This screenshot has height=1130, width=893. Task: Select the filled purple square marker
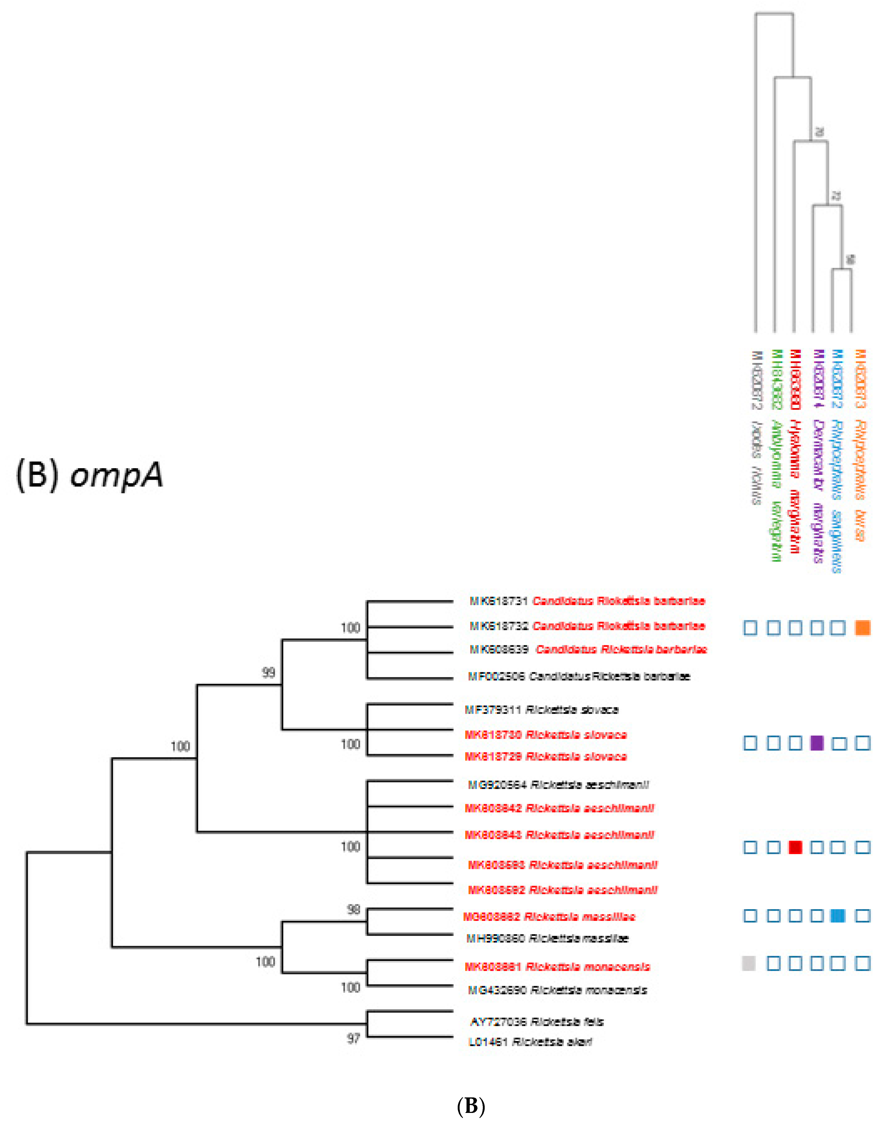(817, 743)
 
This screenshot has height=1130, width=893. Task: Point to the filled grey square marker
(749, 963)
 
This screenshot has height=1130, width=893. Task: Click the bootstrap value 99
(268, 672)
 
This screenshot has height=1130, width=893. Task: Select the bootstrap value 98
(354, 909)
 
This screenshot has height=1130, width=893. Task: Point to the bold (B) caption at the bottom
(471, 1106)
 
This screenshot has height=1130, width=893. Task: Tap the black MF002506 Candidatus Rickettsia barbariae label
(579, 676)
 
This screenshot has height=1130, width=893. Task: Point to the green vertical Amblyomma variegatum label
(776, 455)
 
